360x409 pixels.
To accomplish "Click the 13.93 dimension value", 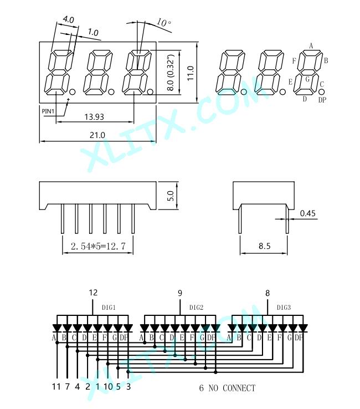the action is [x=94, y=116].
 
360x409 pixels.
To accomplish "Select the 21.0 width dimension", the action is [x=97, y=135].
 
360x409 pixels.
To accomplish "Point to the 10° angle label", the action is [x=164, y=22].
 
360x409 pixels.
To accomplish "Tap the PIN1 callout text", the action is [x=48, y=111].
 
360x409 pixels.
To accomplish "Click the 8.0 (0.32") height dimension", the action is [x=170, y=73].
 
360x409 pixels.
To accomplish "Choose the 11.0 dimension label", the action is [x=191, y=73].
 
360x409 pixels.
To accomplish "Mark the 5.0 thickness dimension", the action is [x=170, y=196].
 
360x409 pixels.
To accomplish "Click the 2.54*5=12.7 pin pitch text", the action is [x=98, y=246].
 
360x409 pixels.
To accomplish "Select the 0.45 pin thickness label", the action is [x=307, y=213].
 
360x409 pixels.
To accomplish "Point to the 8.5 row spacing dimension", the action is [x=265, y=246].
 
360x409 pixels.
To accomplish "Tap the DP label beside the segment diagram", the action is [x=322, y=100].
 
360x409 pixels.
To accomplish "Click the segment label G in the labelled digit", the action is [x=307, y=79].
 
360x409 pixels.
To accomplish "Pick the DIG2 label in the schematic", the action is [x=196, y=308].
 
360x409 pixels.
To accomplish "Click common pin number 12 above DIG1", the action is [x=93, y=293].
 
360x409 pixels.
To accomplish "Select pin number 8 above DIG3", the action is [x=268, y=293].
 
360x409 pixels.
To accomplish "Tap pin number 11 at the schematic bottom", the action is [x=56, y=386].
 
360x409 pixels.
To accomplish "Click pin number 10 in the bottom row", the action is [x=108, y=386].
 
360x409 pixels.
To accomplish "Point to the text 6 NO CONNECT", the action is [x=227, y=388].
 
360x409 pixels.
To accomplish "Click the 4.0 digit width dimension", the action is [x=69, y=19].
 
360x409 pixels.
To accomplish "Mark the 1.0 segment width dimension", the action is [x=93, y=32].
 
